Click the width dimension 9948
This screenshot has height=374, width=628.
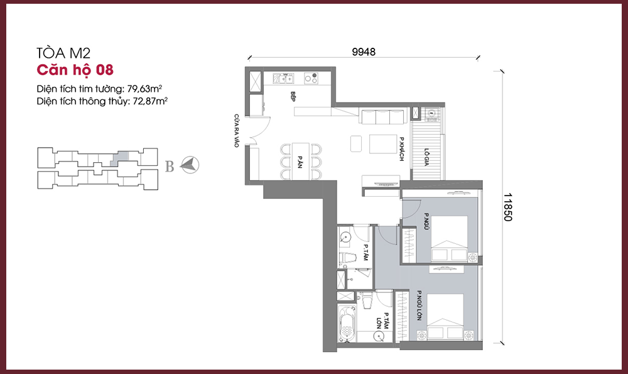tap(364, 52)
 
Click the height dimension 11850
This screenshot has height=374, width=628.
tap(507, 207)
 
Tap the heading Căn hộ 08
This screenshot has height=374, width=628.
tap(75, 70)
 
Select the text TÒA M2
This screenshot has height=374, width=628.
tap(63, 53)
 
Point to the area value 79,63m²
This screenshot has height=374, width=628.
tap(144, 89)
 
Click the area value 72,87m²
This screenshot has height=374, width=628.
tap(150, 101)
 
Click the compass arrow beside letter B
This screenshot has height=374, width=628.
tap(190, 165)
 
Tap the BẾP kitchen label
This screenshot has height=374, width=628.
tap(293, 96)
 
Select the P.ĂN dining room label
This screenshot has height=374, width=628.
tap(300, 162)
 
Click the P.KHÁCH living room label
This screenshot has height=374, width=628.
tap(401, 149)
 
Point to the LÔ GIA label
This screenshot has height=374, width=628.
tap(426, 157)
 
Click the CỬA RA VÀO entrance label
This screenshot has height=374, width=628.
tap(236, 131)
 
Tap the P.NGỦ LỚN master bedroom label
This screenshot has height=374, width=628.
tap(419, 305)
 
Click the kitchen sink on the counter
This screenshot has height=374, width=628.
tap(284, 78)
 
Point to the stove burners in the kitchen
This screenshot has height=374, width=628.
tap(311, 78)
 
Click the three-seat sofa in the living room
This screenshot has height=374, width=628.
tap(383, 117)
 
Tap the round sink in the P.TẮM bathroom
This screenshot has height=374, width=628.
tap(344, 238)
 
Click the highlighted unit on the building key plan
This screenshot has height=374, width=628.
tap(120, 159)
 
